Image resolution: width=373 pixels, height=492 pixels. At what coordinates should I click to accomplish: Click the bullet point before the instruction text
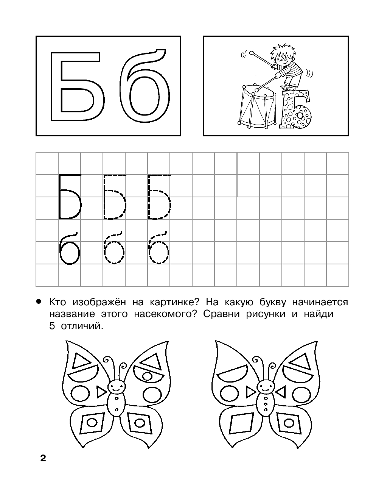[39, 301]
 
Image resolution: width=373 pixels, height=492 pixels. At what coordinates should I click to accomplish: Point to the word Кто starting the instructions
[58, 303]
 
